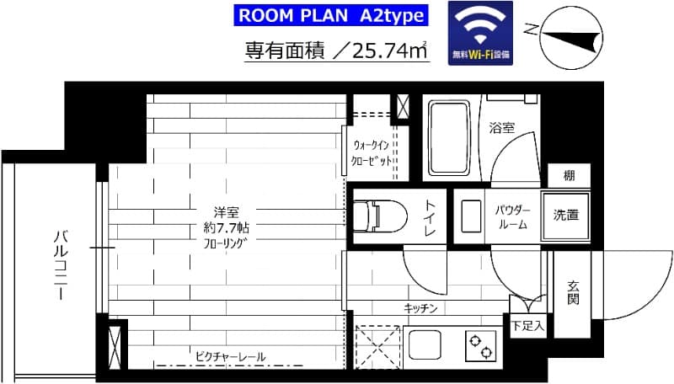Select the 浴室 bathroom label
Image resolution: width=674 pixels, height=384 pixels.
point(502,128)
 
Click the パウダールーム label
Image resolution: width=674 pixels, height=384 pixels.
point(511,217)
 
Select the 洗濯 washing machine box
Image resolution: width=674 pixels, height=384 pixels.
point(566,215)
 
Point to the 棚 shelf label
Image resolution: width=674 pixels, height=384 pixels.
point(570,175)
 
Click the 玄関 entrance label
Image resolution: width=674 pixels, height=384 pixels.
point(573,292)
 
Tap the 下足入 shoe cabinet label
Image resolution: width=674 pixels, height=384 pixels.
point(528,324)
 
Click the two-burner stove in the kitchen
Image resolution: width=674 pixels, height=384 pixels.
point(481,346)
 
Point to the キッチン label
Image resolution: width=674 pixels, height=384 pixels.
point(421,308)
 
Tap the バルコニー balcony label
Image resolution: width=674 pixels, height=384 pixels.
point(60,264)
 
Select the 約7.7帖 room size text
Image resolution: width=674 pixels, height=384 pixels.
point(223,227)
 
